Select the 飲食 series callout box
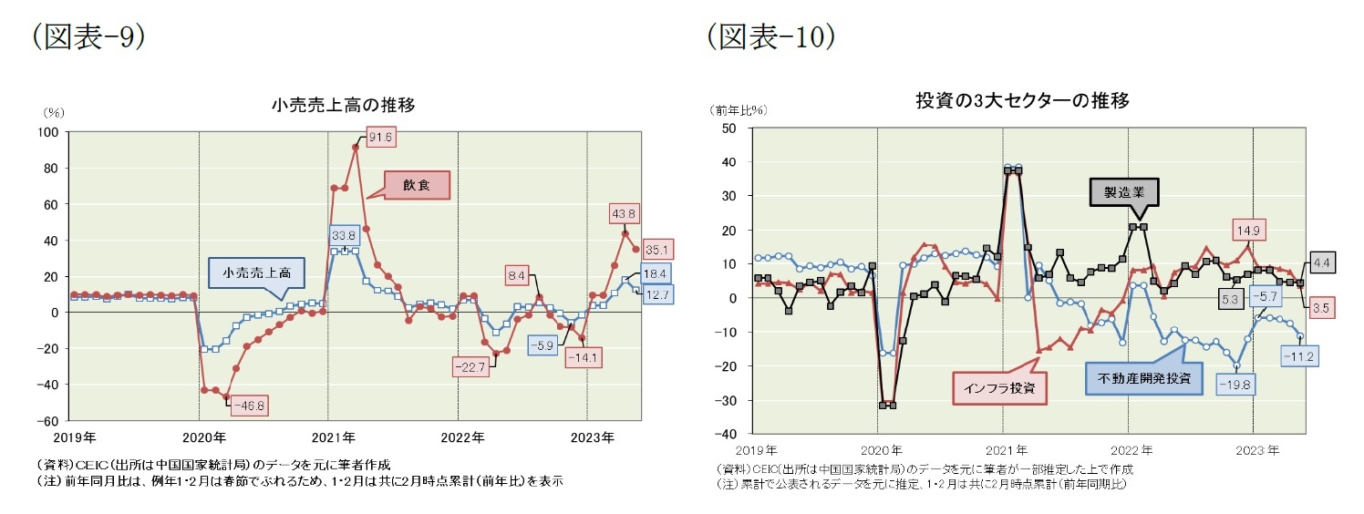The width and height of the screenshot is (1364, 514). [416, 185]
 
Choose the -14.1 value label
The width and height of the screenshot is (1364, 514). [580, 357]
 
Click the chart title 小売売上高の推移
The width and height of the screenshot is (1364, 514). [344, 105]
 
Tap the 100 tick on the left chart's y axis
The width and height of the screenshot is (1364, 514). [46, 132]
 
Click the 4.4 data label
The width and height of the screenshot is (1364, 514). [1323, 263]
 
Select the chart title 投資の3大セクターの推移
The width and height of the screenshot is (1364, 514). [1022, 101]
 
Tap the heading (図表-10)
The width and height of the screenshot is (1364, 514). [770, 36]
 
